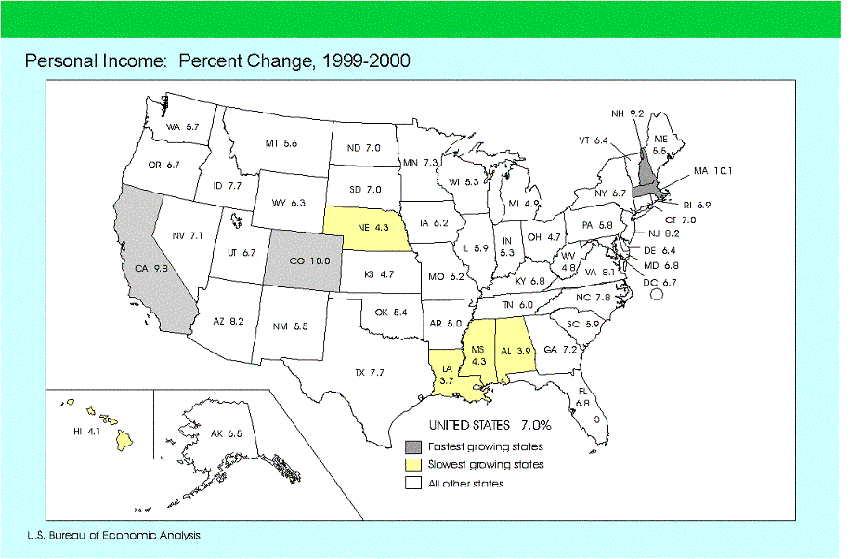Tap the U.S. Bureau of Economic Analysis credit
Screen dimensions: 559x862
(113, 535)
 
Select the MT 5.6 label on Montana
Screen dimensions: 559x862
(281, 143)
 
